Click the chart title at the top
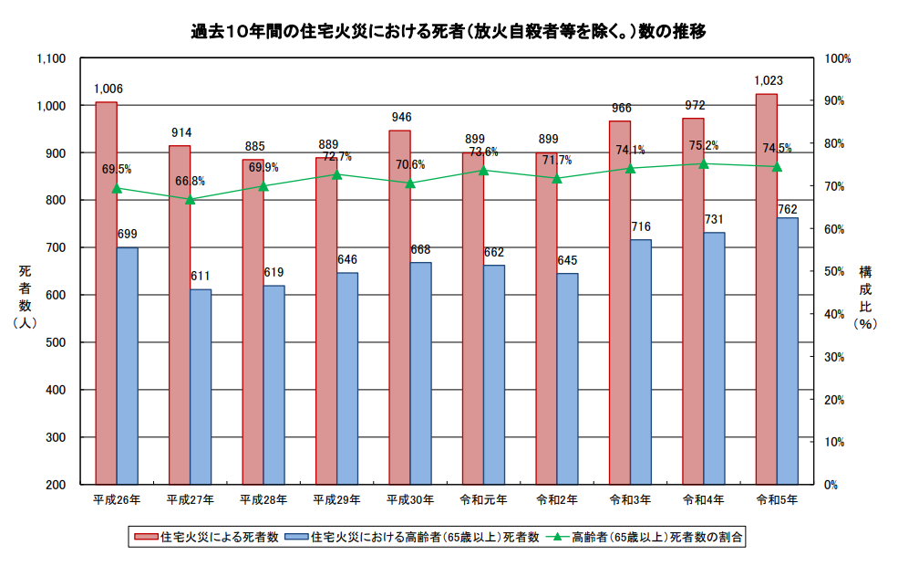click(x=449, y=30)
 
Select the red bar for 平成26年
click(x=106, y=292)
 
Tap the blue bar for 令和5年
click(x=787, y=351)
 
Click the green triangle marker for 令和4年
click(x=703, y=164)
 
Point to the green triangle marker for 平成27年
click(x=190, y=199)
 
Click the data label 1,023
click(x=768, y=80)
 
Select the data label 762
click(x=787, y=209)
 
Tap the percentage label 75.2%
click(x=703, y=145)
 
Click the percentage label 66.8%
click(x=190, y=181)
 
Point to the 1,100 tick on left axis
click(x=51, y=58)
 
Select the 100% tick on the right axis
click(x=837, y=58)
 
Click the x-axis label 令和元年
click(x=483, y=500)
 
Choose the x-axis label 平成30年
click(x=409, y=500)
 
